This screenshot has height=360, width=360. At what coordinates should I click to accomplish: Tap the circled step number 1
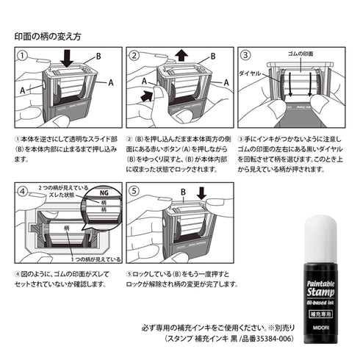pyautogui.click(x=24, y=56)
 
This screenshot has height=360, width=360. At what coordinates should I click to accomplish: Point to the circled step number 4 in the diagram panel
pyautogui.click(x=24, y=191)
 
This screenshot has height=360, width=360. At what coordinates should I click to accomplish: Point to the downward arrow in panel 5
pyautogui.click(x=201, y=195)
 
